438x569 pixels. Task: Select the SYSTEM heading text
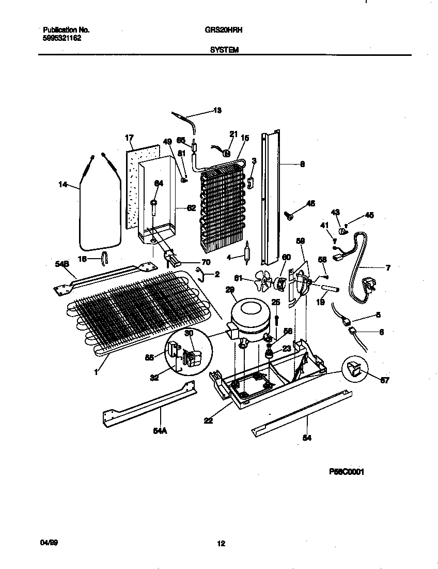[x=224, y=51]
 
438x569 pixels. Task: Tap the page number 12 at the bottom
[x=221, y=543]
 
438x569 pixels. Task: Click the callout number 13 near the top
[x=217, y=110]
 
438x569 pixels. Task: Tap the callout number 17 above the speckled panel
[x=129, y=138]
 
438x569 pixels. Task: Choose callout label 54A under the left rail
[x=160, y=428]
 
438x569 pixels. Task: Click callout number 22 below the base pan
[x=208, y=421]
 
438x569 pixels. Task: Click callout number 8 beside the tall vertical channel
[x=302, y=164]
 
